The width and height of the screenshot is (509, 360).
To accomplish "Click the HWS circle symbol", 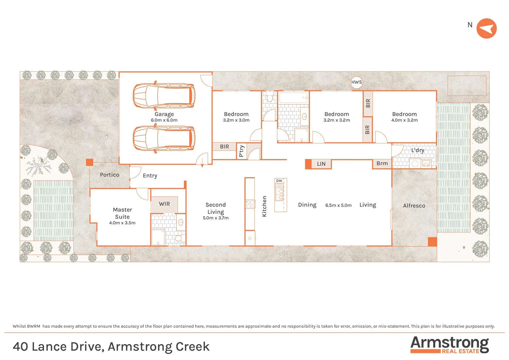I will tap(356, 82).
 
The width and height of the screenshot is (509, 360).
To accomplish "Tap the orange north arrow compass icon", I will tap(486, 29).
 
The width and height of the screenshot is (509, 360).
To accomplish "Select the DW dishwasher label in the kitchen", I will tap(279, 181).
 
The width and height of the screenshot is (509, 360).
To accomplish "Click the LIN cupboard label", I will tap(321, 164).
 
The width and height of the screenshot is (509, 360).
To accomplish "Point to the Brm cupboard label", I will tap(382, 163).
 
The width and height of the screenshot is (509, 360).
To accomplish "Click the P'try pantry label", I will tap(242, 151).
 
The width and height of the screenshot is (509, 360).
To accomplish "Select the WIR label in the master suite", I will tap(164, 204).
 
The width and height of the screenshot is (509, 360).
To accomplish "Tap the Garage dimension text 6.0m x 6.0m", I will tap(164, 120).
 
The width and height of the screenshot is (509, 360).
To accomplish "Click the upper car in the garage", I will tap(164, 96).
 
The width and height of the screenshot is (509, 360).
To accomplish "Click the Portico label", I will tap(110, 175).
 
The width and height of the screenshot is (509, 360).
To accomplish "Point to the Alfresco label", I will tap(414, 206).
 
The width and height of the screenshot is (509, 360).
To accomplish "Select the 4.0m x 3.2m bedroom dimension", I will tap(404, 120).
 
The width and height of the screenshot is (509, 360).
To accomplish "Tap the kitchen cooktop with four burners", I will tap(250, 204).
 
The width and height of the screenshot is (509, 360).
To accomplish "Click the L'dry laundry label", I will tap(417, 150).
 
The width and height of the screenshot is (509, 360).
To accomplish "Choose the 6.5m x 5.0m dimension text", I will tap(338, 205).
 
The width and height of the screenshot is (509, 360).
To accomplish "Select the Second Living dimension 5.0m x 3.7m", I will tap(216, 218).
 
